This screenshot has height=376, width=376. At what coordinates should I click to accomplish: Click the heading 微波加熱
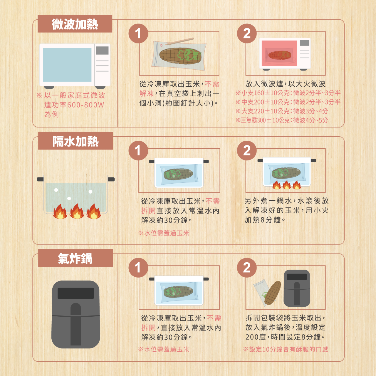tap(75, 24)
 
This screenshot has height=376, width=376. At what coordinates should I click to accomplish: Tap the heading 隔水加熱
tap(75, 141)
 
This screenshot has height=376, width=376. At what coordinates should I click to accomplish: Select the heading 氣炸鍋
tap(75, 258)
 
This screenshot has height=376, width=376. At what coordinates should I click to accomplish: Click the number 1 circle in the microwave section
tap(138, 33)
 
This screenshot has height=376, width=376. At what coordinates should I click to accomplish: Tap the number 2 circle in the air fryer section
tap(247, 268)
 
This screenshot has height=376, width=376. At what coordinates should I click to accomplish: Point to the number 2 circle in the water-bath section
tap(247, 150)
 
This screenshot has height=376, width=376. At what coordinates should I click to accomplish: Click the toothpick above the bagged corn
tap(179, 41)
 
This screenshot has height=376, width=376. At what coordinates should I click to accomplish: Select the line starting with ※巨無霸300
tap(282, 120)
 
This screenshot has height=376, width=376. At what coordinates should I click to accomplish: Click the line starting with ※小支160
tap(288, 93)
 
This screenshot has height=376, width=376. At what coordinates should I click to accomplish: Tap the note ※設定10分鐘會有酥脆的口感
tap(286, 349)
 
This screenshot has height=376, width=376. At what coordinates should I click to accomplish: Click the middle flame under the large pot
tap(77, 211)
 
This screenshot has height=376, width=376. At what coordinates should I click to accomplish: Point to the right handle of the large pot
tap(111, 179)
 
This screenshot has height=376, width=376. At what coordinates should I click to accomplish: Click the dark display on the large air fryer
tap(76, 293)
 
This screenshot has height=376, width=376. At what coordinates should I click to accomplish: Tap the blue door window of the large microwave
tap(67, 65)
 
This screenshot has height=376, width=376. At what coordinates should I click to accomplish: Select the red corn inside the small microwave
tap(280, 55)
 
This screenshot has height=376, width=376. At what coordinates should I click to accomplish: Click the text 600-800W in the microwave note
tap(85, 105)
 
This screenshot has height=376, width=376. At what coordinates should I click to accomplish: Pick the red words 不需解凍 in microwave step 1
tap(179, 89)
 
